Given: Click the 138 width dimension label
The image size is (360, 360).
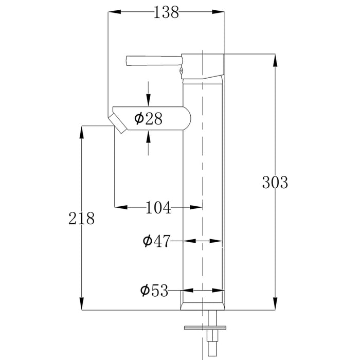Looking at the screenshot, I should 166,12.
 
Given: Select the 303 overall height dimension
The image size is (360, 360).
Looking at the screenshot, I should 275,182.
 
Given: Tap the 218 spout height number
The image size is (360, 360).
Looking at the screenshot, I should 82,219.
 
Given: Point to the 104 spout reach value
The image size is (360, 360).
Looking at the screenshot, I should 158,208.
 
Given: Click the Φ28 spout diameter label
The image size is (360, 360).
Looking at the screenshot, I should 148,119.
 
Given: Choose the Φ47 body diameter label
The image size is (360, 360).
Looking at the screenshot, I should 156,241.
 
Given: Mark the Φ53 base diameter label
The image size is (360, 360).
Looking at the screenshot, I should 154,291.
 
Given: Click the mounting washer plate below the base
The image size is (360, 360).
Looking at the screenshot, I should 205,327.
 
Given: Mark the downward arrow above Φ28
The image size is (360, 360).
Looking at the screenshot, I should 148,98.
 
